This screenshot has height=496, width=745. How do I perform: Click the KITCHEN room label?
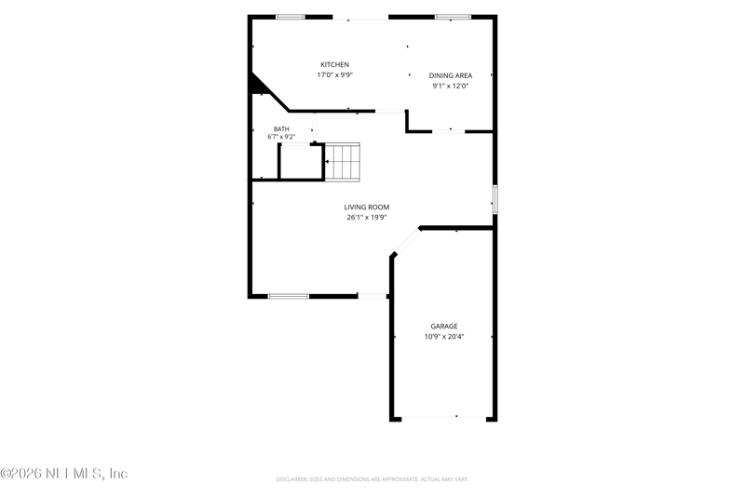335,64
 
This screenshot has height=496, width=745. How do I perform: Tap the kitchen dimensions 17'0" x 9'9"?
335,75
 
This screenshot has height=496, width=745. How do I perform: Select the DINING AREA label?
451,75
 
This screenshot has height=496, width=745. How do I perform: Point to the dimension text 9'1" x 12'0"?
451,86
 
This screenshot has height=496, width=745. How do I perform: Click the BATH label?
281,129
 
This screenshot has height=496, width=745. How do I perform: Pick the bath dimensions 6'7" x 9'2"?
281,137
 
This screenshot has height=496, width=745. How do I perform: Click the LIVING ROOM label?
367,207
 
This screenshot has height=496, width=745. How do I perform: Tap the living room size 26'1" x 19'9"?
367,218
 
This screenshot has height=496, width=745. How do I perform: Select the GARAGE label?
444,326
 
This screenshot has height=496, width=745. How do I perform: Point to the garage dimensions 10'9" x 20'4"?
444,337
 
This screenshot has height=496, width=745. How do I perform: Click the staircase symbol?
342,162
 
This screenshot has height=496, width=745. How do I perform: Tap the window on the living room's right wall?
494,199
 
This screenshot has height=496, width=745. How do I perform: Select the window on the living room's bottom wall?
289,297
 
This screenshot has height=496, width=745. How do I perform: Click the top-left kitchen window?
291,17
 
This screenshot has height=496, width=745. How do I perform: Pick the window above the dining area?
453,17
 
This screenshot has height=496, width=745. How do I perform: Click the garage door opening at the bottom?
444,417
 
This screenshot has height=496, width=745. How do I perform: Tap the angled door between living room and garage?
406,242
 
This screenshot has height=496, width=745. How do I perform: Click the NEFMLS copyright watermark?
64,474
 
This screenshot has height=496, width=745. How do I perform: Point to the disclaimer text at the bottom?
372,479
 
